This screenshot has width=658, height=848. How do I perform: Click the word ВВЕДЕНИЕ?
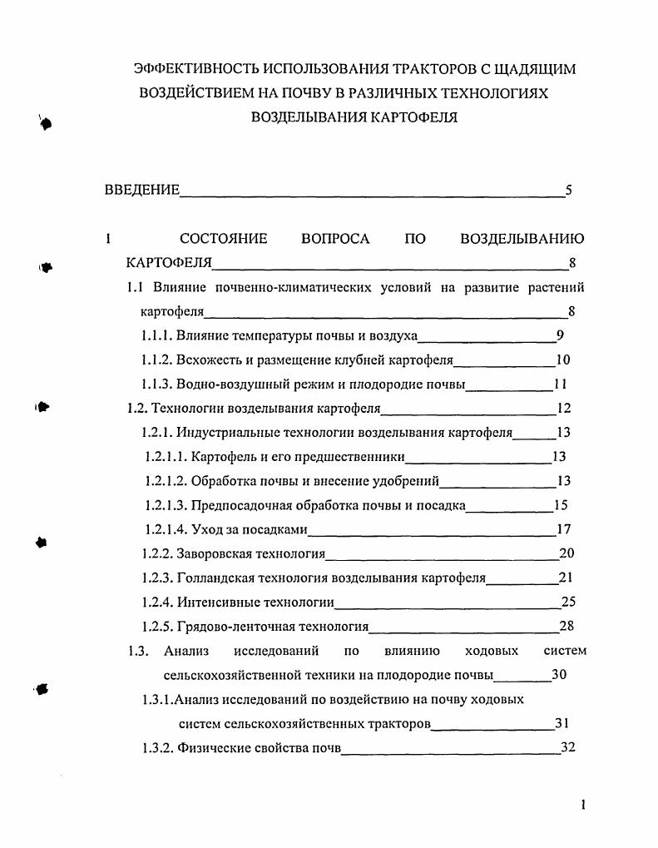click(x=141, y=191)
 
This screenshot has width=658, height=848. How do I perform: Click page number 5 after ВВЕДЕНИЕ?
click(x=568, y=191)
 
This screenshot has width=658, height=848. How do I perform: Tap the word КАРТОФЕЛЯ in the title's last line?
click(x=411, y=117)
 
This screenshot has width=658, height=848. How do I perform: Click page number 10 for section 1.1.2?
click(x=562, y=360)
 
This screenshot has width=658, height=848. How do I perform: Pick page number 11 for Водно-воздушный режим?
click(x=560, y=384)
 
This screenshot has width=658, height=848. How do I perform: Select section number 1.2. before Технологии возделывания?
click(x=137, y=409)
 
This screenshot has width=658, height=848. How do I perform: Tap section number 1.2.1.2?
click(x=165, y=481)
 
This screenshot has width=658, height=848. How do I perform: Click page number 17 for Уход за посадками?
click(x=563, y=529)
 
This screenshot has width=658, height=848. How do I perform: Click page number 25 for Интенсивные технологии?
click(x=568, y=602)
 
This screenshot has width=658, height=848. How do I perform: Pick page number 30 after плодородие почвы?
click(x=559, y=675)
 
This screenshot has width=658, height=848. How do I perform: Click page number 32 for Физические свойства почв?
click(x=568, y=747)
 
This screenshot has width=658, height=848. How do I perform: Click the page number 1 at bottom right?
click(x=583, y=805)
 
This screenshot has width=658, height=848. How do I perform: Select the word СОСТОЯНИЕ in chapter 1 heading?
click(x=224, y=239)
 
